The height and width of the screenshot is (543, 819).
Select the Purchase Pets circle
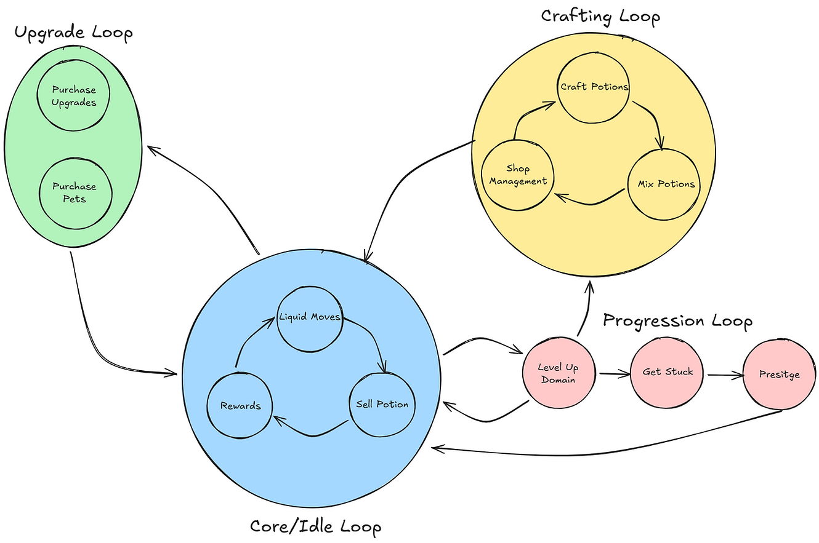[75, 192]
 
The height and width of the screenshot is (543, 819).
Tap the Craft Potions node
[594, 87]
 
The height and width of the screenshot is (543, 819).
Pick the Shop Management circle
[518, 175]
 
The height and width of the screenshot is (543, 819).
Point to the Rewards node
[240, 406]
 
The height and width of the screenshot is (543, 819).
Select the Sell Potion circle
[382, 404]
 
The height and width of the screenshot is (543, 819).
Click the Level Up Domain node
[558, 373]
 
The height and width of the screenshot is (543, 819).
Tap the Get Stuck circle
[667, 372]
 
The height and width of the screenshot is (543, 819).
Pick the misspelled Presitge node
[779, 375]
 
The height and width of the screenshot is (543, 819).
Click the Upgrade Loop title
[73, 33]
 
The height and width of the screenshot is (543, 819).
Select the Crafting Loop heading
[600, 15]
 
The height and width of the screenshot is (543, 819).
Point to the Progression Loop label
[677, 320]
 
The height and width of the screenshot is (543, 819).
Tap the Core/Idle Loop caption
[315, 526]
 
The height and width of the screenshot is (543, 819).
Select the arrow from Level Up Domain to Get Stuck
[613, 373]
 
